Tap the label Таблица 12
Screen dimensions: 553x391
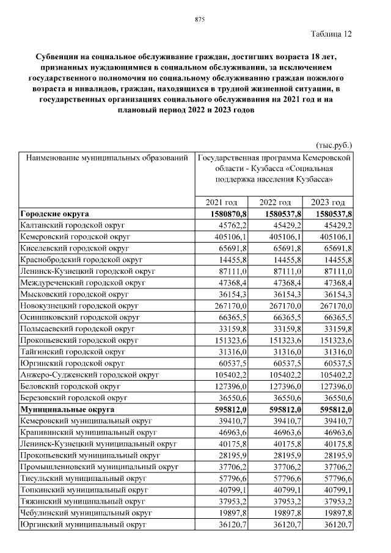click(331, 34)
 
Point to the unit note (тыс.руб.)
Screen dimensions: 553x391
click(334, 145)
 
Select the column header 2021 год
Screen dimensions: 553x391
click(222, 202)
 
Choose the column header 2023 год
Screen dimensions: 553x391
click(327, 202)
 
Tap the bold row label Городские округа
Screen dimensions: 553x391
click(54, 214)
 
